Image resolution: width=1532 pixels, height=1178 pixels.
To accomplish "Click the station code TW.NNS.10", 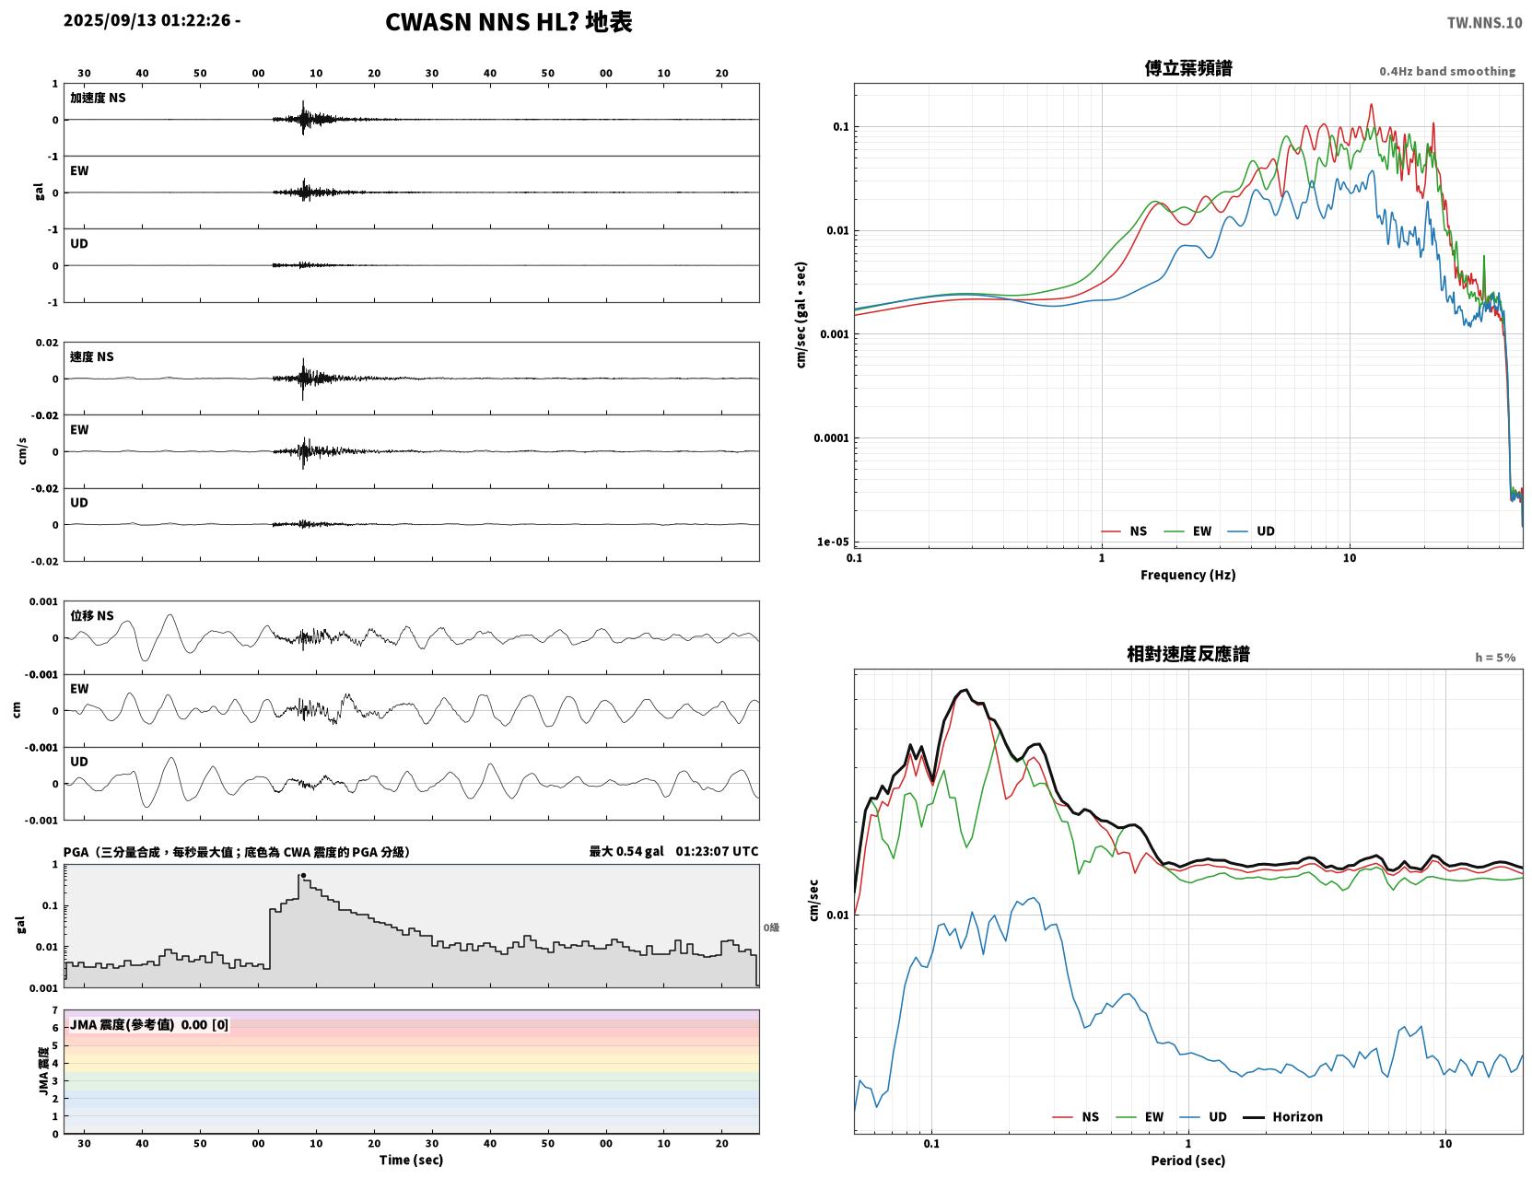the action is [1484, 22].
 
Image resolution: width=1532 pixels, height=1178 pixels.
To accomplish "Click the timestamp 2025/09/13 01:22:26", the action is [146, 20].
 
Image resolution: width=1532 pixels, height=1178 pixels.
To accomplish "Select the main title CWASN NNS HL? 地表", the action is [509, 22].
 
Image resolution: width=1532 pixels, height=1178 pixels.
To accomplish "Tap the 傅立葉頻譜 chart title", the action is [1188, 68].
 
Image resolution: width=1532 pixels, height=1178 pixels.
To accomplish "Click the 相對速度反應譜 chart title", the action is [1188, 654].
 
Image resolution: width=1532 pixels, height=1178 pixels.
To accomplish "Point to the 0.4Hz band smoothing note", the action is [1446, 71].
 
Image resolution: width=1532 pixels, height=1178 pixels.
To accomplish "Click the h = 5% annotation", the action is [1494, 658].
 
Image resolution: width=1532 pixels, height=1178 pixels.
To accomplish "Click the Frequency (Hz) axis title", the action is [1188, 575].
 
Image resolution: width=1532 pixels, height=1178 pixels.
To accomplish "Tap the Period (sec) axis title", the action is [1188, 1161].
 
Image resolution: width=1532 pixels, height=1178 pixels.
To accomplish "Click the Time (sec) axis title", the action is [411, 1160].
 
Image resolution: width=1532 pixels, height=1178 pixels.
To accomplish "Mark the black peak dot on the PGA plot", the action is [303, 876].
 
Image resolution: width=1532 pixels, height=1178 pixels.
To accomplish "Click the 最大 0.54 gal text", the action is [626, 851].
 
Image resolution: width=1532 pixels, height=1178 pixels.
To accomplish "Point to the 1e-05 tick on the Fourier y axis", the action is [833, 542].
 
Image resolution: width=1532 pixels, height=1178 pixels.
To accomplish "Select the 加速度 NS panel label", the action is [98, 98].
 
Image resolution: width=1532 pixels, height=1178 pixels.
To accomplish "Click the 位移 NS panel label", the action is [91, 616].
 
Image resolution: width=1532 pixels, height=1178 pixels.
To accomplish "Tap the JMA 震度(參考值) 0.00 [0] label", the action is [148, 1024].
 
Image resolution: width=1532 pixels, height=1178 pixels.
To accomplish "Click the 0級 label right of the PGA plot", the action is [771, 927].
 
